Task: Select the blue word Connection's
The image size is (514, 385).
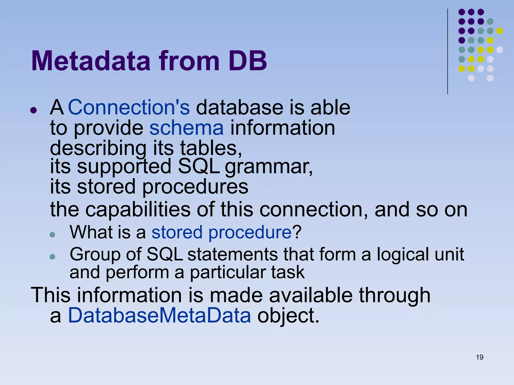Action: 129,107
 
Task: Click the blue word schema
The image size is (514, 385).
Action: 186,128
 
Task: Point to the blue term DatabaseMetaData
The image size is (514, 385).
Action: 159,315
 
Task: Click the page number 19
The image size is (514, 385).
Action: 479,357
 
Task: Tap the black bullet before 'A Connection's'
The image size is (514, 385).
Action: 33,110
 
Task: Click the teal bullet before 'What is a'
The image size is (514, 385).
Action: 52,235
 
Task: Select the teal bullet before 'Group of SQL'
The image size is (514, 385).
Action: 52,257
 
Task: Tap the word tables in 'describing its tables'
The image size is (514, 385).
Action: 211,148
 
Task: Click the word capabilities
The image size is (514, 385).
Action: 138,209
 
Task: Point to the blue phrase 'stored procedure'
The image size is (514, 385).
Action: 221,232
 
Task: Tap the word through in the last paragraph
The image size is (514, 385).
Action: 395,295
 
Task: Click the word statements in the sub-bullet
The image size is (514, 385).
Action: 232,254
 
